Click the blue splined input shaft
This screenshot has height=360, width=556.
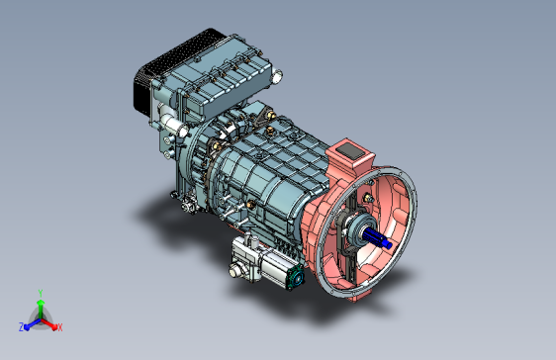378,237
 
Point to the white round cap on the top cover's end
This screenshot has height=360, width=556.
276,76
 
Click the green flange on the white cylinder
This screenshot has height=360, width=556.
296,277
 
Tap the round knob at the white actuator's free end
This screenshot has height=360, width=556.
234,271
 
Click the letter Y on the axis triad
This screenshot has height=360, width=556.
41,293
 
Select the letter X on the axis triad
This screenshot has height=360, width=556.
60,327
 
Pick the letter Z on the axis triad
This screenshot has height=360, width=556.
22,326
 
